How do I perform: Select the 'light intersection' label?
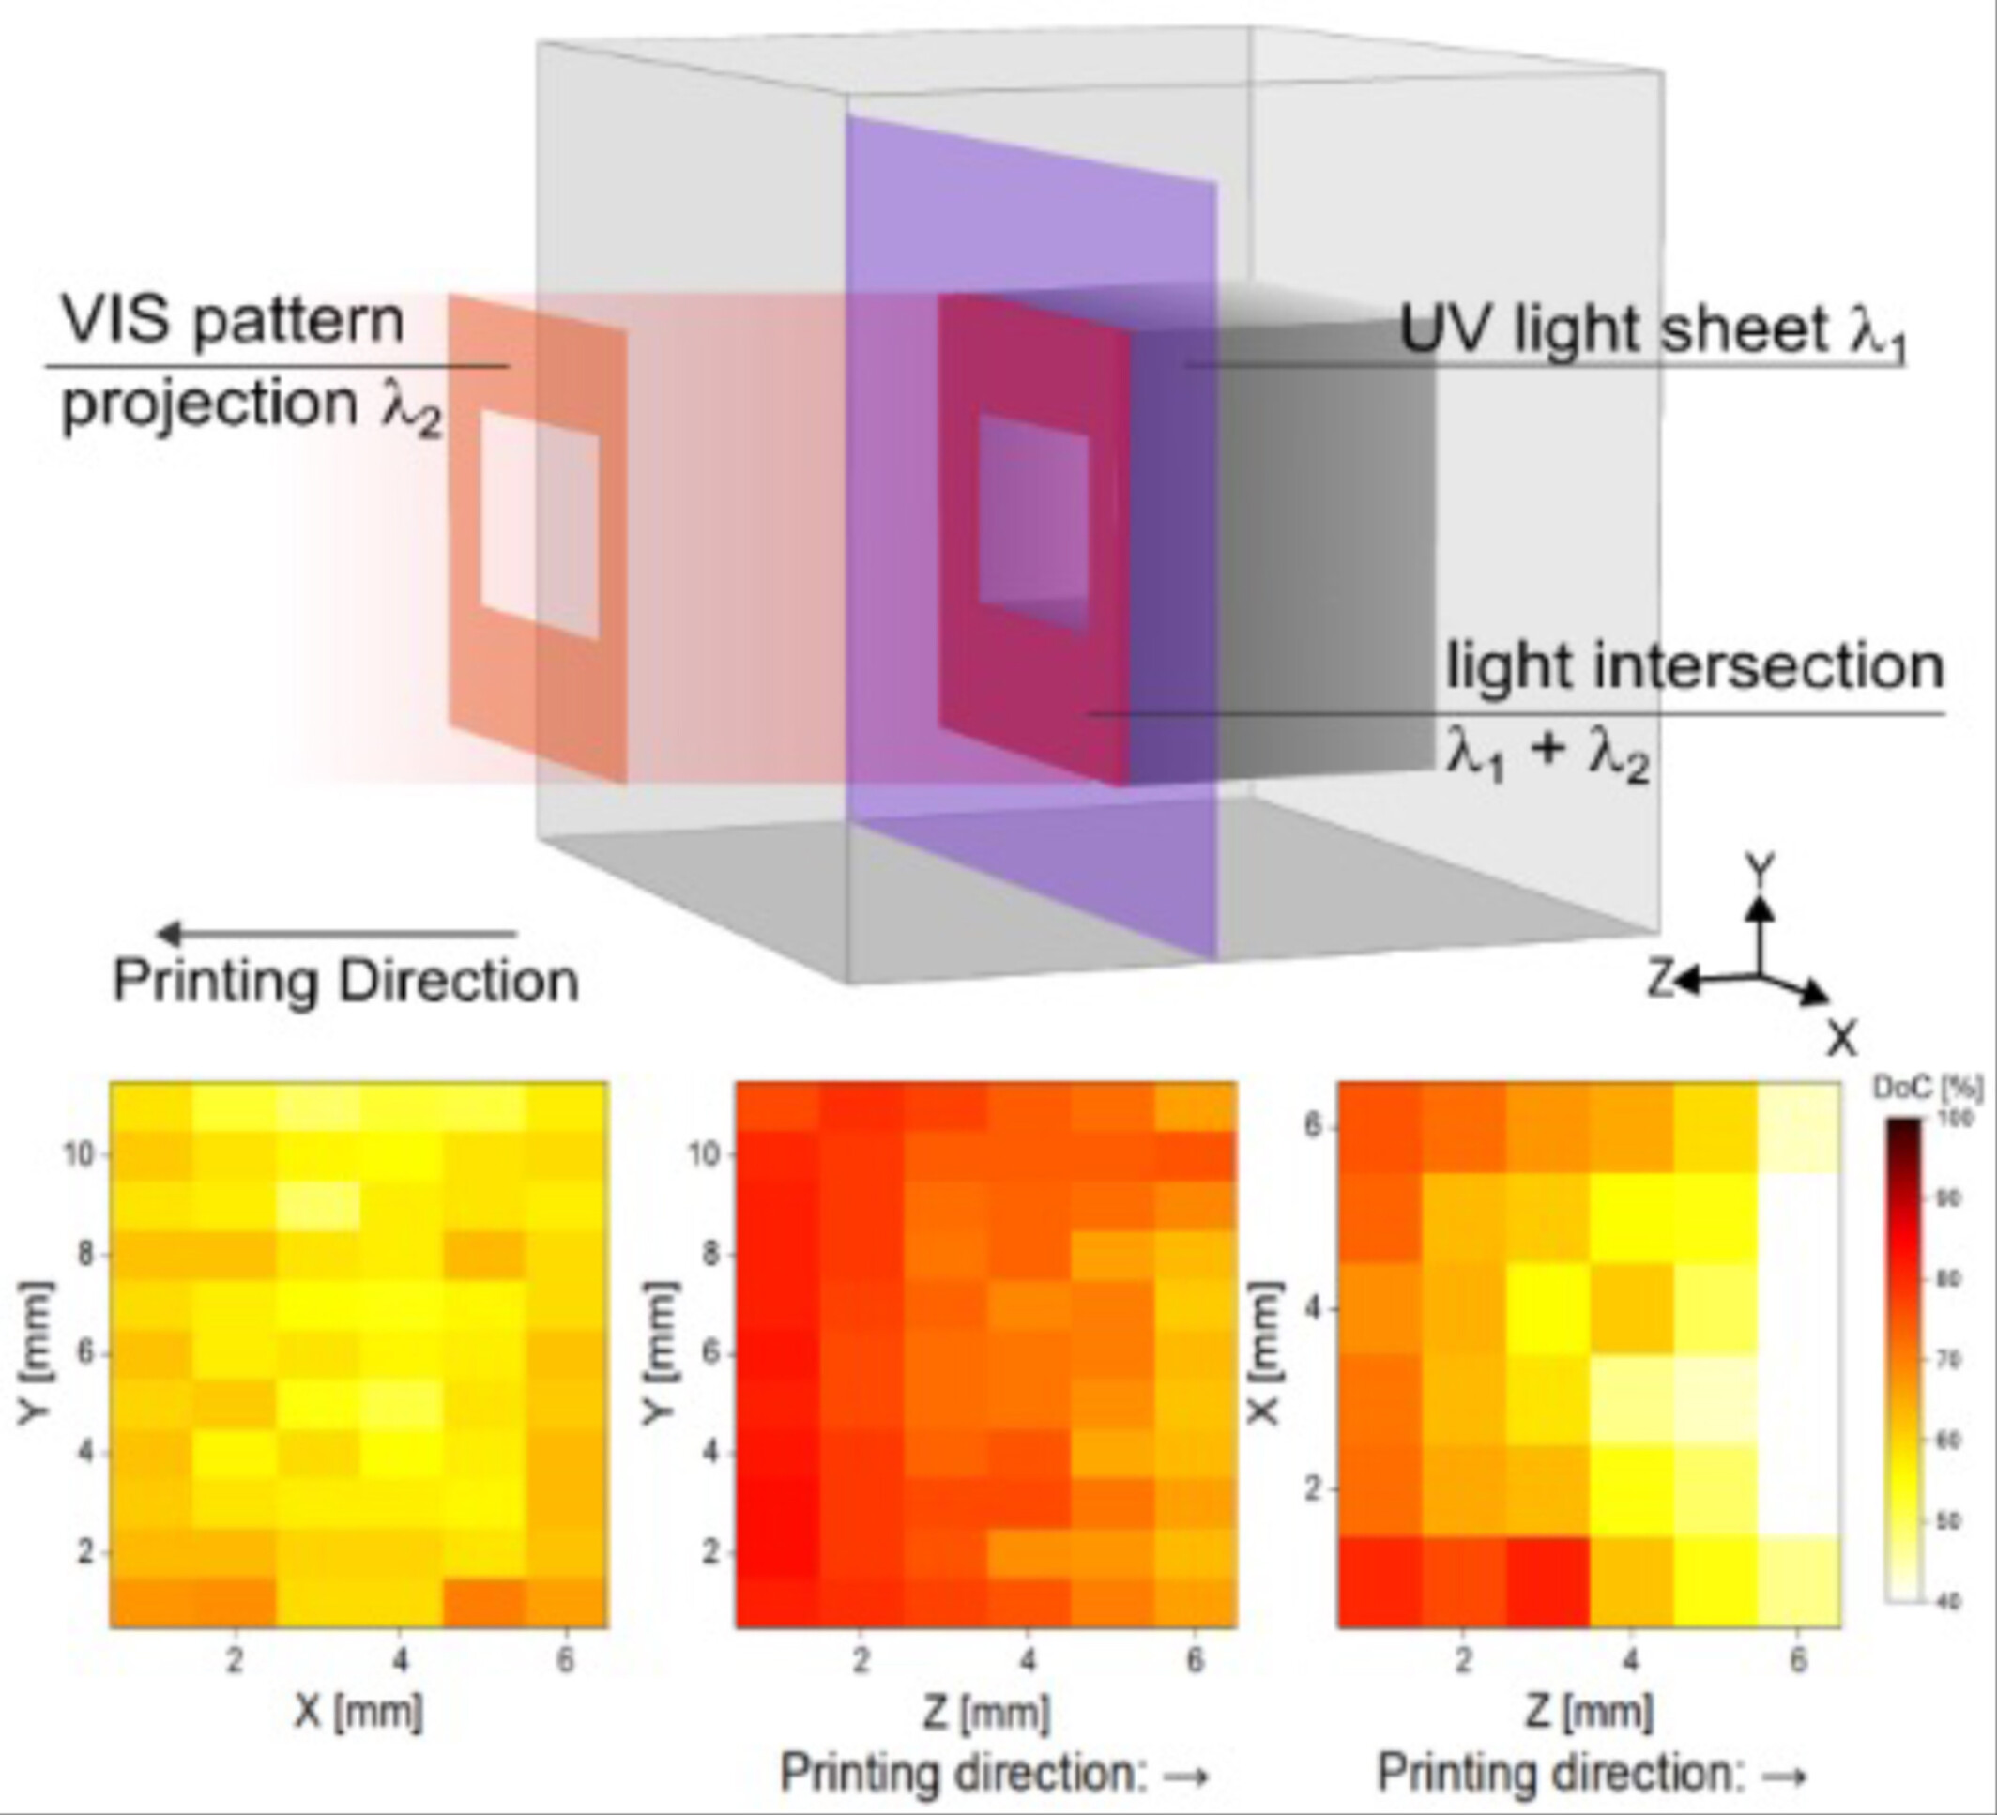tap(1695, 666)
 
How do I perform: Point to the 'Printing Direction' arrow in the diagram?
tap(337, 933)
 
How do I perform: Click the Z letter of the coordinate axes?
tap(1660, 980)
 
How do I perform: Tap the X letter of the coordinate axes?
tap(1841, 1038)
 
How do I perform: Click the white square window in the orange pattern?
tap(540, 526)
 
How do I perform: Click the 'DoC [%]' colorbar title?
tap(1928, 1088)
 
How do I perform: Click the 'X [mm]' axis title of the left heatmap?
tap(358, 1711)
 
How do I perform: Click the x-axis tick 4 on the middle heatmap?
tap(1029, 1658)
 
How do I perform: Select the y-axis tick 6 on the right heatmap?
tap(1314, 1126)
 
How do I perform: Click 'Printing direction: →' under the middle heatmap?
tap(995, 1773)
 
